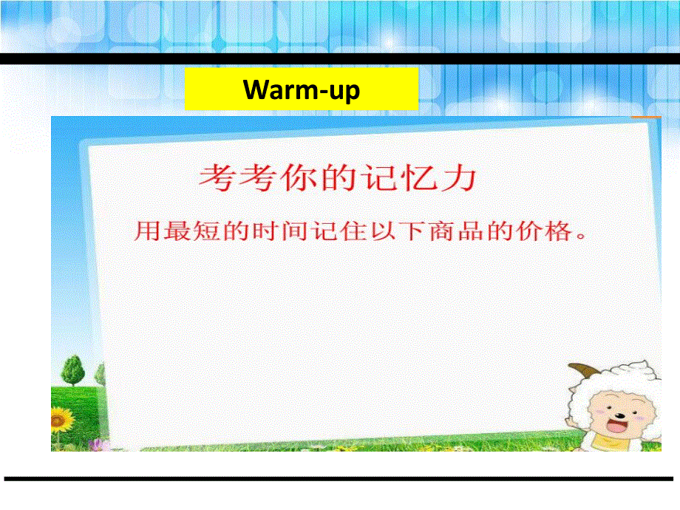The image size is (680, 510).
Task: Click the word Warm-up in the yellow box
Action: coord(302,90)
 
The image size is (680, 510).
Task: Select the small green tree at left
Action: coord(73,371)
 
